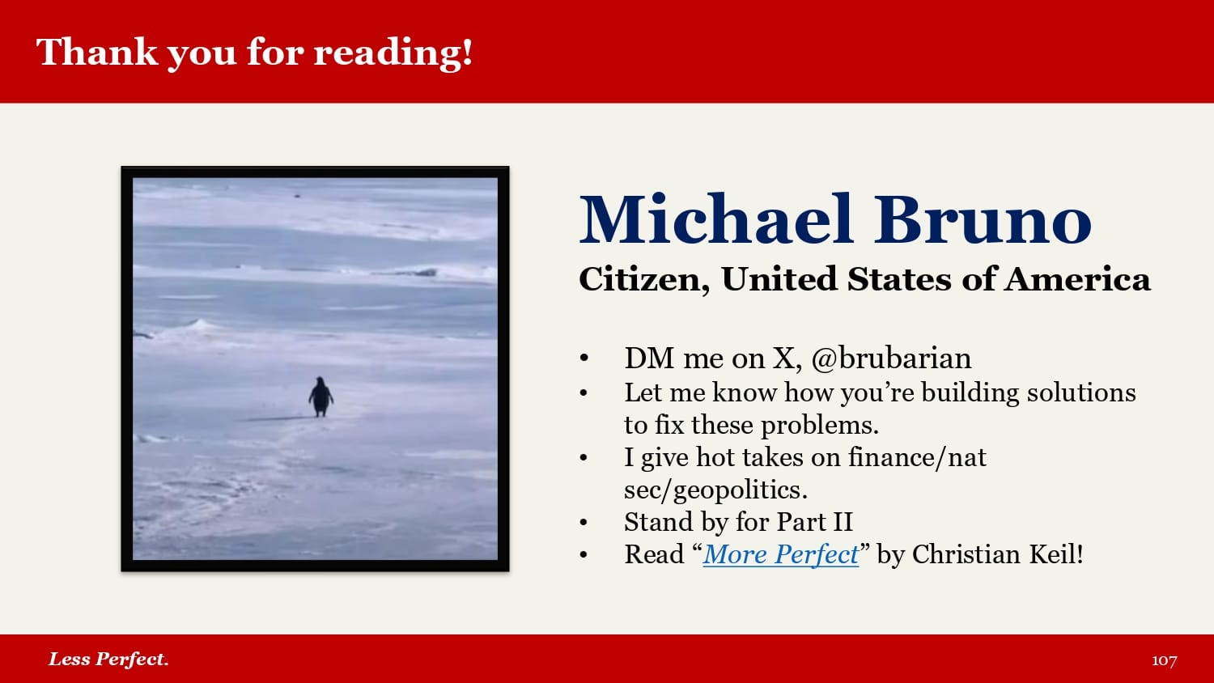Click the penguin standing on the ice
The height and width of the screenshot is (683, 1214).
[x=320, y=397]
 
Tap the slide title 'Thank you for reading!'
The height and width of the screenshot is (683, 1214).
[x=254, y=53]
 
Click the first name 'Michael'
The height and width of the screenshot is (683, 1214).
[x=716, y=219]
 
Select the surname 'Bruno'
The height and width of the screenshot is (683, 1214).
[x=983, y=219]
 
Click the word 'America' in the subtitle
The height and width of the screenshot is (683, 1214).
[x=1077, y=279]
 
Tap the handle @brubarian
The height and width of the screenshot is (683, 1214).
[x=892, y=358]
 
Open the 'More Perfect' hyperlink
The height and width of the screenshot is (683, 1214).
[x=781, y=554]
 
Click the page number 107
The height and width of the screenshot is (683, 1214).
[x=1164, y=660]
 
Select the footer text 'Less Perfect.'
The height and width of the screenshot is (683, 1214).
[x=108, y=660]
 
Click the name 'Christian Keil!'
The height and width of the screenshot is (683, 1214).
[x=998, y=554]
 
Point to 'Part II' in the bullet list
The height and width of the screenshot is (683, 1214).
[x=814, y=522]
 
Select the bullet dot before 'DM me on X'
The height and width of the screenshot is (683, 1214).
[x=584, y=358]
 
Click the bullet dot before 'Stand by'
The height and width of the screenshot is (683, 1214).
[x=584, y=523]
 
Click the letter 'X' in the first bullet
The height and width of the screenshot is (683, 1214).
[x=783, y=358]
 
